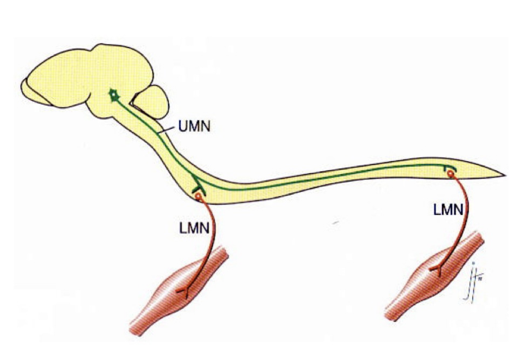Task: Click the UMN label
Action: pyautogui.click(x=193, y=126)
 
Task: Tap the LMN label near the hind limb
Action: pyautogui.click(x=447, y=210)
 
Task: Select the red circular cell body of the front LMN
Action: pyautogui.click(x=198, y=197)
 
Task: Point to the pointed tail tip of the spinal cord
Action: pyautogui.click(x=504, y=175)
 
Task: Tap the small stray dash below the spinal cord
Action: pyautogui.click(x=335, y=223)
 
